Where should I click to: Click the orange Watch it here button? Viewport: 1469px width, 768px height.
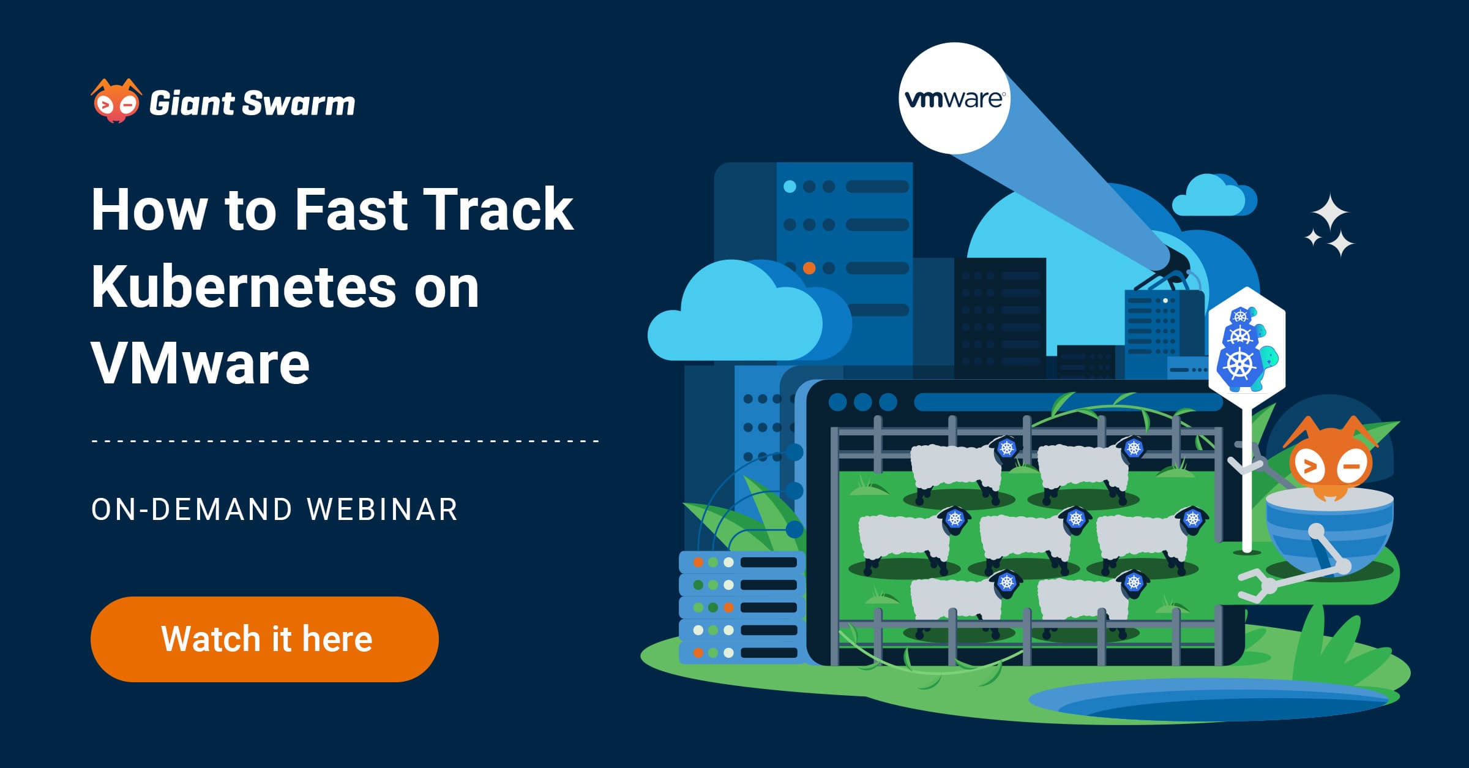[x=264, y=639]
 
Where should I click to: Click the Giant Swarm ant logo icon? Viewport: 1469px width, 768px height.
[x=116, y=101]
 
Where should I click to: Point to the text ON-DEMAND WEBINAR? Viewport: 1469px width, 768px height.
[x=275, y=510]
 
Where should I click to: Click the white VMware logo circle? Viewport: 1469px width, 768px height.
[x=954, y=98]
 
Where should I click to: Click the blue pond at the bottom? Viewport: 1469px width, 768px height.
[x=1212, y=702]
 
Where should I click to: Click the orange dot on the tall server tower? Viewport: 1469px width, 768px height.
[x=809, y=268]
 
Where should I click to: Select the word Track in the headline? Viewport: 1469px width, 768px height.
[x=498, y=209]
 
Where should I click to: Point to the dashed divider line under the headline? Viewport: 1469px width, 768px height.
[x=345, y=440]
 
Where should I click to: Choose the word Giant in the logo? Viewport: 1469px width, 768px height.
[x=192, y=103]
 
